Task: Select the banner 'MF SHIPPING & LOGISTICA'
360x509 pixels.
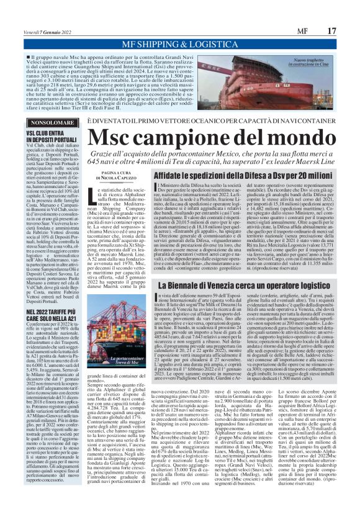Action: (180, 44)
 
